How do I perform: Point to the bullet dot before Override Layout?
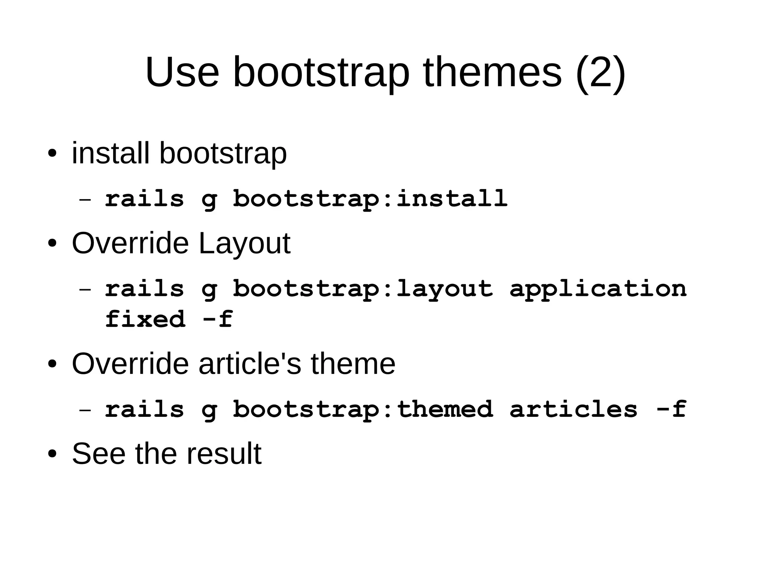tap(52, 244)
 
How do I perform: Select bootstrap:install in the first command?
tap(370, 198)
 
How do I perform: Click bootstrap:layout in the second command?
tap(363, 289)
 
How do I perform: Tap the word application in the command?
tap(598, 289)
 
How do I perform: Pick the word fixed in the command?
tap(145, 319)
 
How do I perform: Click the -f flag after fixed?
tap(218, 319)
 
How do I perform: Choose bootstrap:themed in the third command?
tap(363, 409)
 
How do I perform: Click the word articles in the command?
tap(573, 409)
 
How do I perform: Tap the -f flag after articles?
tap(671, 409)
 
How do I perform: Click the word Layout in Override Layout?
tap(244, 244)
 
